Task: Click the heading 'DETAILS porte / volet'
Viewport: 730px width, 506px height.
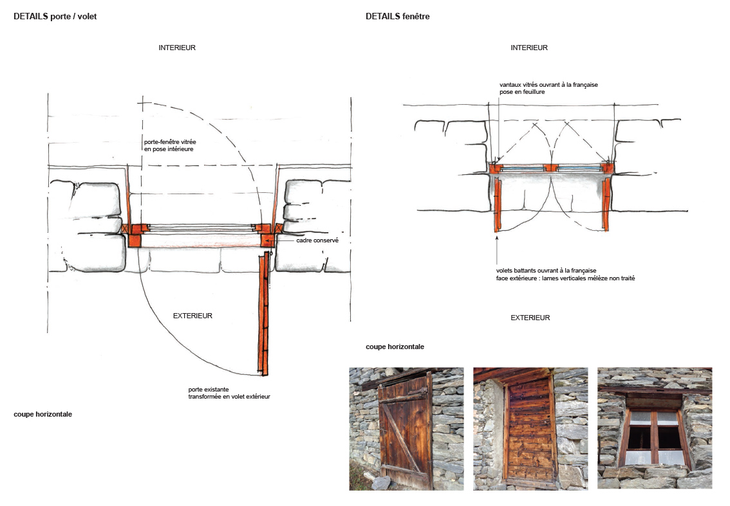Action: (55, 17)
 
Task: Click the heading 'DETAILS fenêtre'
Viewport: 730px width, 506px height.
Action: (397, 17)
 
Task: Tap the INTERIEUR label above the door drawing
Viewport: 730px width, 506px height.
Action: (177, 48)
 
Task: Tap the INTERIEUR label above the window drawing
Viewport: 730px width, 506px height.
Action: (529, 48)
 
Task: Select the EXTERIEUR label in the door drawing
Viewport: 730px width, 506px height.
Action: (192, 316)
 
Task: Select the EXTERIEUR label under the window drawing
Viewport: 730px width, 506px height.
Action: (530, 318)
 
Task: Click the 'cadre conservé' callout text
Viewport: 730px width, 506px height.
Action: (317, 240)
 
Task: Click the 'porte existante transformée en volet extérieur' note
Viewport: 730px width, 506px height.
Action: (229, 393)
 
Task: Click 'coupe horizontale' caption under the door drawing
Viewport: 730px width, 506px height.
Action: (42, 414)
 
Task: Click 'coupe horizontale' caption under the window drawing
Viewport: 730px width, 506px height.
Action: (395, 347)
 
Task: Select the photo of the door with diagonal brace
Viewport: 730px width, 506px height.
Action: (406, 429)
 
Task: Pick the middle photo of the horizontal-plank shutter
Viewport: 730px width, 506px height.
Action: (530, 429)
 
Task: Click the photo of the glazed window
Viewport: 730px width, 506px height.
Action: (655, 429)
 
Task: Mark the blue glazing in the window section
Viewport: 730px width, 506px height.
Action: (521, 168)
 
